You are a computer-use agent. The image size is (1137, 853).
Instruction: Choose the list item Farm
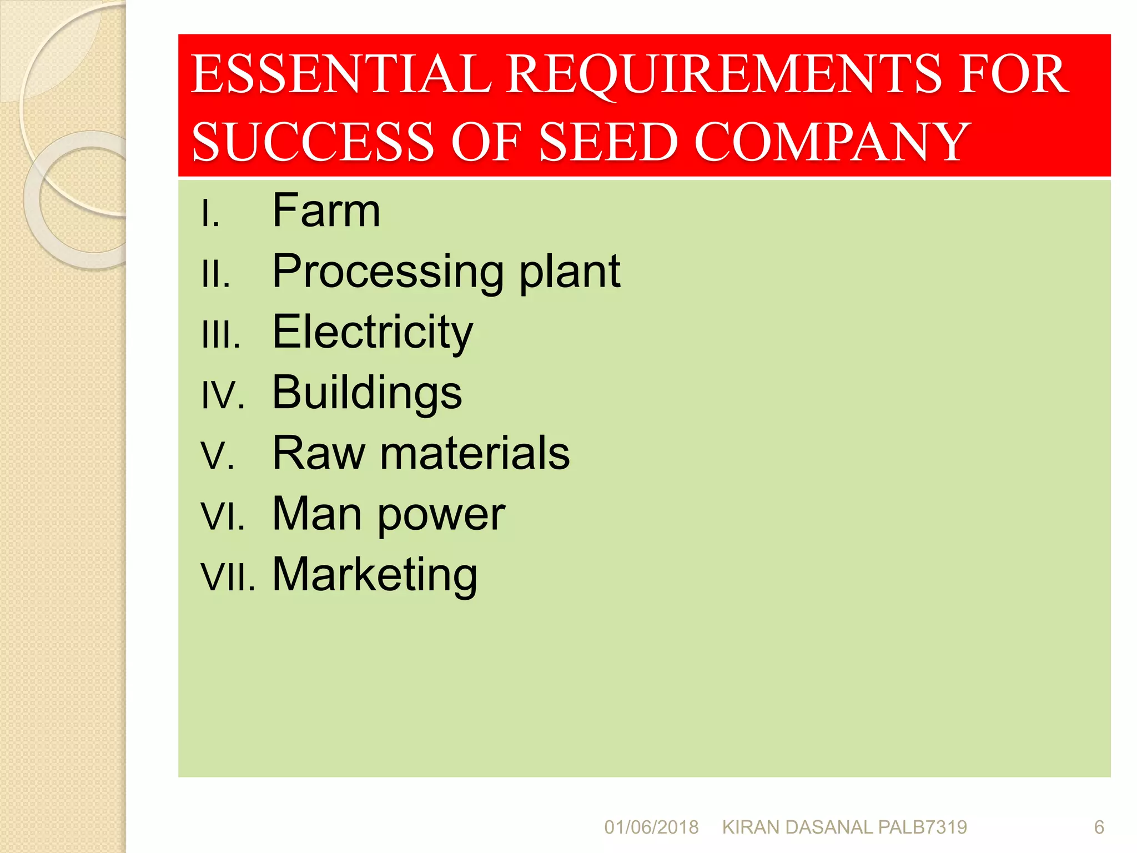[326, 211]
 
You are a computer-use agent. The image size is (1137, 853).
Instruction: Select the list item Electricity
[373, 333]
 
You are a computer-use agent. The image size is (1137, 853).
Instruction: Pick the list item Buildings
[367, 393]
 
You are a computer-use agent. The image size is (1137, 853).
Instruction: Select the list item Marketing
[375, 575]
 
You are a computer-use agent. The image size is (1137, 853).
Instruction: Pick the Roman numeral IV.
[223, 396]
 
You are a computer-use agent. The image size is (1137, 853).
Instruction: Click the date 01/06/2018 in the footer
[651, 827]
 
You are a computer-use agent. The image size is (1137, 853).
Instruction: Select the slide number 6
[1099, 827]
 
